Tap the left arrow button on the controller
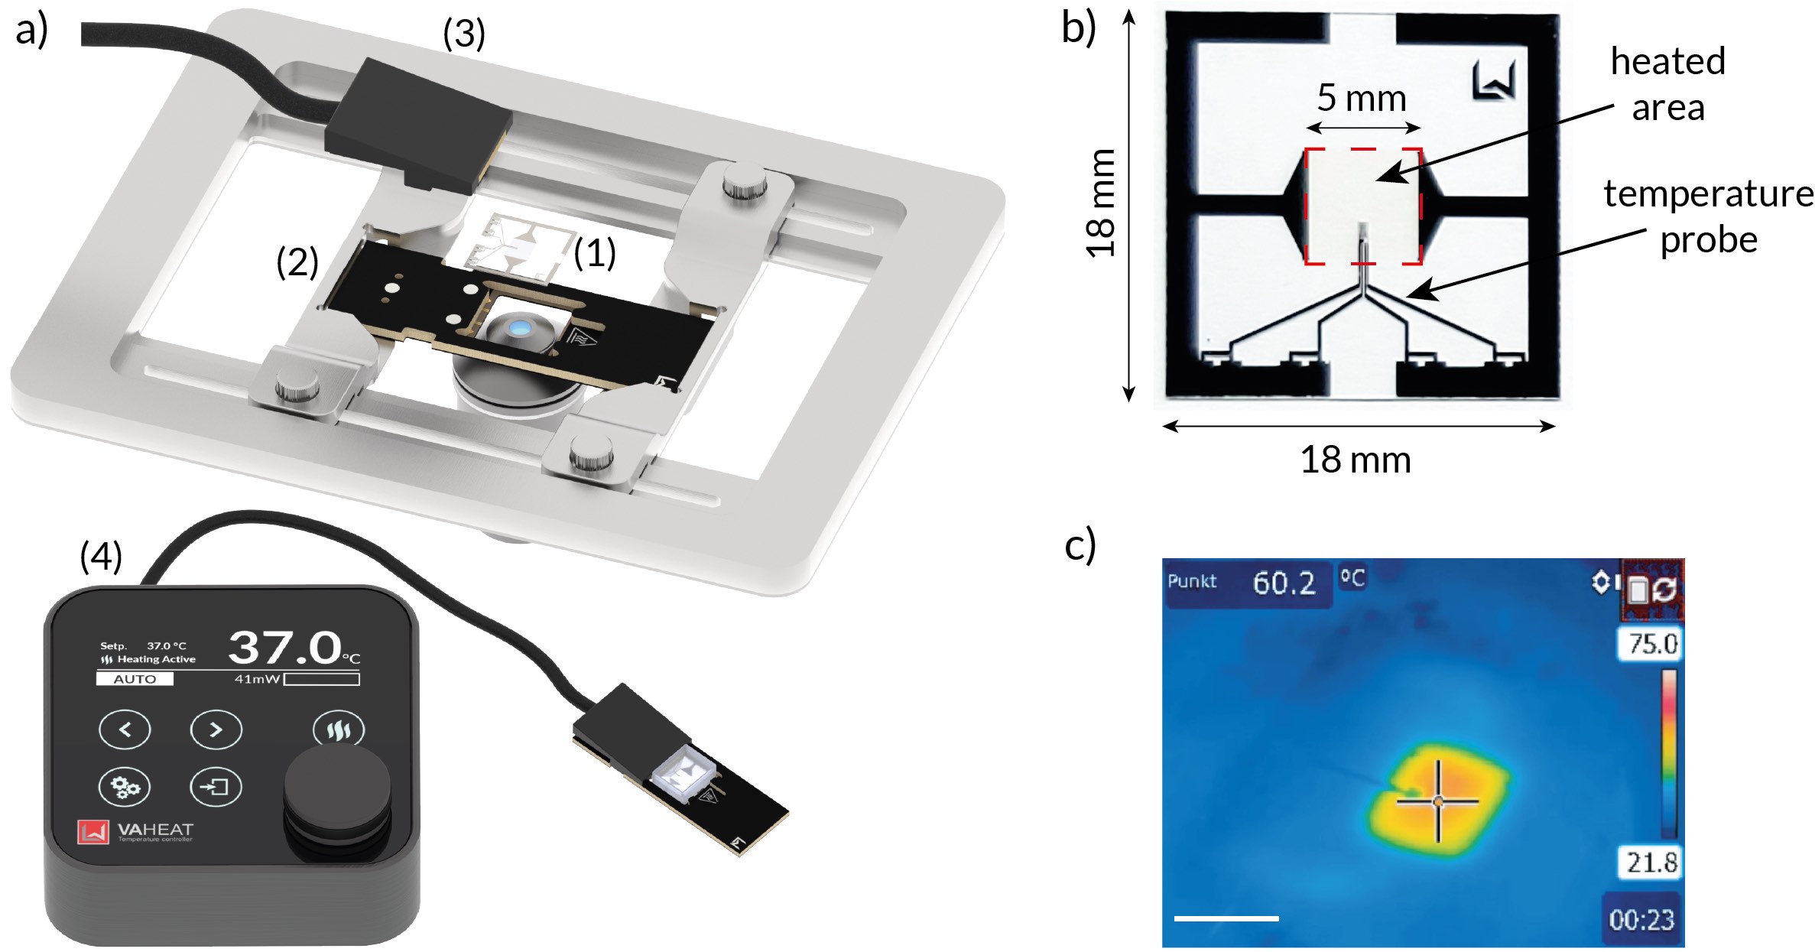[x=125, y=729]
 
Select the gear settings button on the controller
[x=125, y=786]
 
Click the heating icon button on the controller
[x=339, y=729]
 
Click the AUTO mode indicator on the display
[x=135, y=679]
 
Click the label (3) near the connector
[x=464, y=34]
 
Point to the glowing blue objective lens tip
[x=520, y=329]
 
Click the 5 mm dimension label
[x=1362, y=98]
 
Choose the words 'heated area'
[x=1668, y=84]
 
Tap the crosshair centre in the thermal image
[x=1438, y=801]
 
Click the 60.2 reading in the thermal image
[x=1284, y=583]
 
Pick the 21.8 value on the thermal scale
[x=1651, y=863]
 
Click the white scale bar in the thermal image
[x=1226, y=918]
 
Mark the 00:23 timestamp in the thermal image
[x=1641, y=919]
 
